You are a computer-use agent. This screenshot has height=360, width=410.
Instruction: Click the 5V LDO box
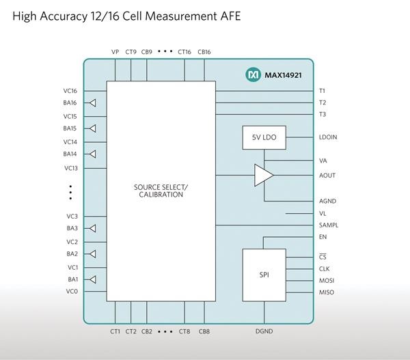point(264,137)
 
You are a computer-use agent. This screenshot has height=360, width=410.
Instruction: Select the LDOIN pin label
point(328,137)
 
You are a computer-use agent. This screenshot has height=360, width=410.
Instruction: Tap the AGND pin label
point(327,201)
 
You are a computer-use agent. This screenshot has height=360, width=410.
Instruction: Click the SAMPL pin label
point(329,225)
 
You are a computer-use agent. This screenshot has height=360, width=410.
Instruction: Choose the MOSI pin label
point(327,281)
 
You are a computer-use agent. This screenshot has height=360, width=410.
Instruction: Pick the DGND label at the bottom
point(264,332)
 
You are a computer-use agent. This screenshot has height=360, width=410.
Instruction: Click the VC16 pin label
point(70,90)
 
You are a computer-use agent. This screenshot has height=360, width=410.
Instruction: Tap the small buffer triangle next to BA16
point(93,103)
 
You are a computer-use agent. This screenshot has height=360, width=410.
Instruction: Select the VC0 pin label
point(72,292)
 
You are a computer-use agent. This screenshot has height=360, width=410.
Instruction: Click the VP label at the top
point(115,51)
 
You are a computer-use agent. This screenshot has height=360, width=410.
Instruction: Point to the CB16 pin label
point(204,51)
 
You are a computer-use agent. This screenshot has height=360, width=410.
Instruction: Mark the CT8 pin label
point(184,332)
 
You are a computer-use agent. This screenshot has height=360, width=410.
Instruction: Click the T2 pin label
point(323,102)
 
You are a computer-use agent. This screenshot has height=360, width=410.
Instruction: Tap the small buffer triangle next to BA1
point(93,279)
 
